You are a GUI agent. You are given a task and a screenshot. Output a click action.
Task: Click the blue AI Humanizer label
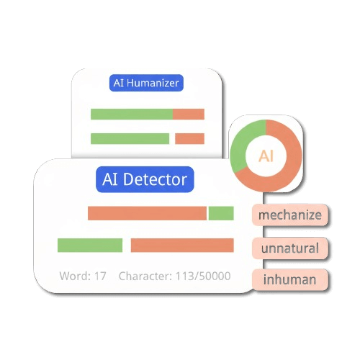click(147, 83)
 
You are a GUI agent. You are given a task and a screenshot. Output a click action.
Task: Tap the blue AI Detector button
click(145, 179)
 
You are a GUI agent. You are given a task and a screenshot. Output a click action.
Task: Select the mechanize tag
click(289, 215)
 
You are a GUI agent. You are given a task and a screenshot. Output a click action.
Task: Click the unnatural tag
click(289, 248)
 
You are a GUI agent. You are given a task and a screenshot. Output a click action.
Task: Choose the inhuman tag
click(289, 279)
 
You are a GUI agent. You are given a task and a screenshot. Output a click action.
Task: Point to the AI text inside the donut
click(266, 156)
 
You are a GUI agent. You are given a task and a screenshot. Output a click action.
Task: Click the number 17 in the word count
click(100, 276)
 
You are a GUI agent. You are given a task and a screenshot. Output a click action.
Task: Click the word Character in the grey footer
click(143, 276)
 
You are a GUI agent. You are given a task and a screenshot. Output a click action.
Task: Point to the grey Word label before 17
click(74, 276)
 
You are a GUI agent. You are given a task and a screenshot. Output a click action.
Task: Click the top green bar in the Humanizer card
click(131, 114)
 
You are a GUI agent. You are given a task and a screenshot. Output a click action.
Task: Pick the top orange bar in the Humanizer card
click(189, 114)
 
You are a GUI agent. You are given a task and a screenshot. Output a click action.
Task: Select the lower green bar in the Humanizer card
click(130, 139)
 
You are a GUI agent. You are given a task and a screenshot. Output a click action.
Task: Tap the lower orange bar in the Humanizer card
click(190, 139)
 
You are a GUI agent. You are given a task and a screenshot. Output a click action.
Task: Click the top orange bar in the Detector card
click(147, 213)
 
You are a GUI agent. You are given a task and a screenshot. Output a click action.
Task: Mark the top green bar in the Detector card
click(222, 213)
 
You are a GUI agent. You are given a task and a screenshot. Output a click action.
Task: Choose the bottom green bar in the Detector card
click(90, 246)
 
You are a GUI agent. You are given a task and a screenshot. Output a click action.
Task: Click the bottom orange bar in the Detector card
click(182, 246)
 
